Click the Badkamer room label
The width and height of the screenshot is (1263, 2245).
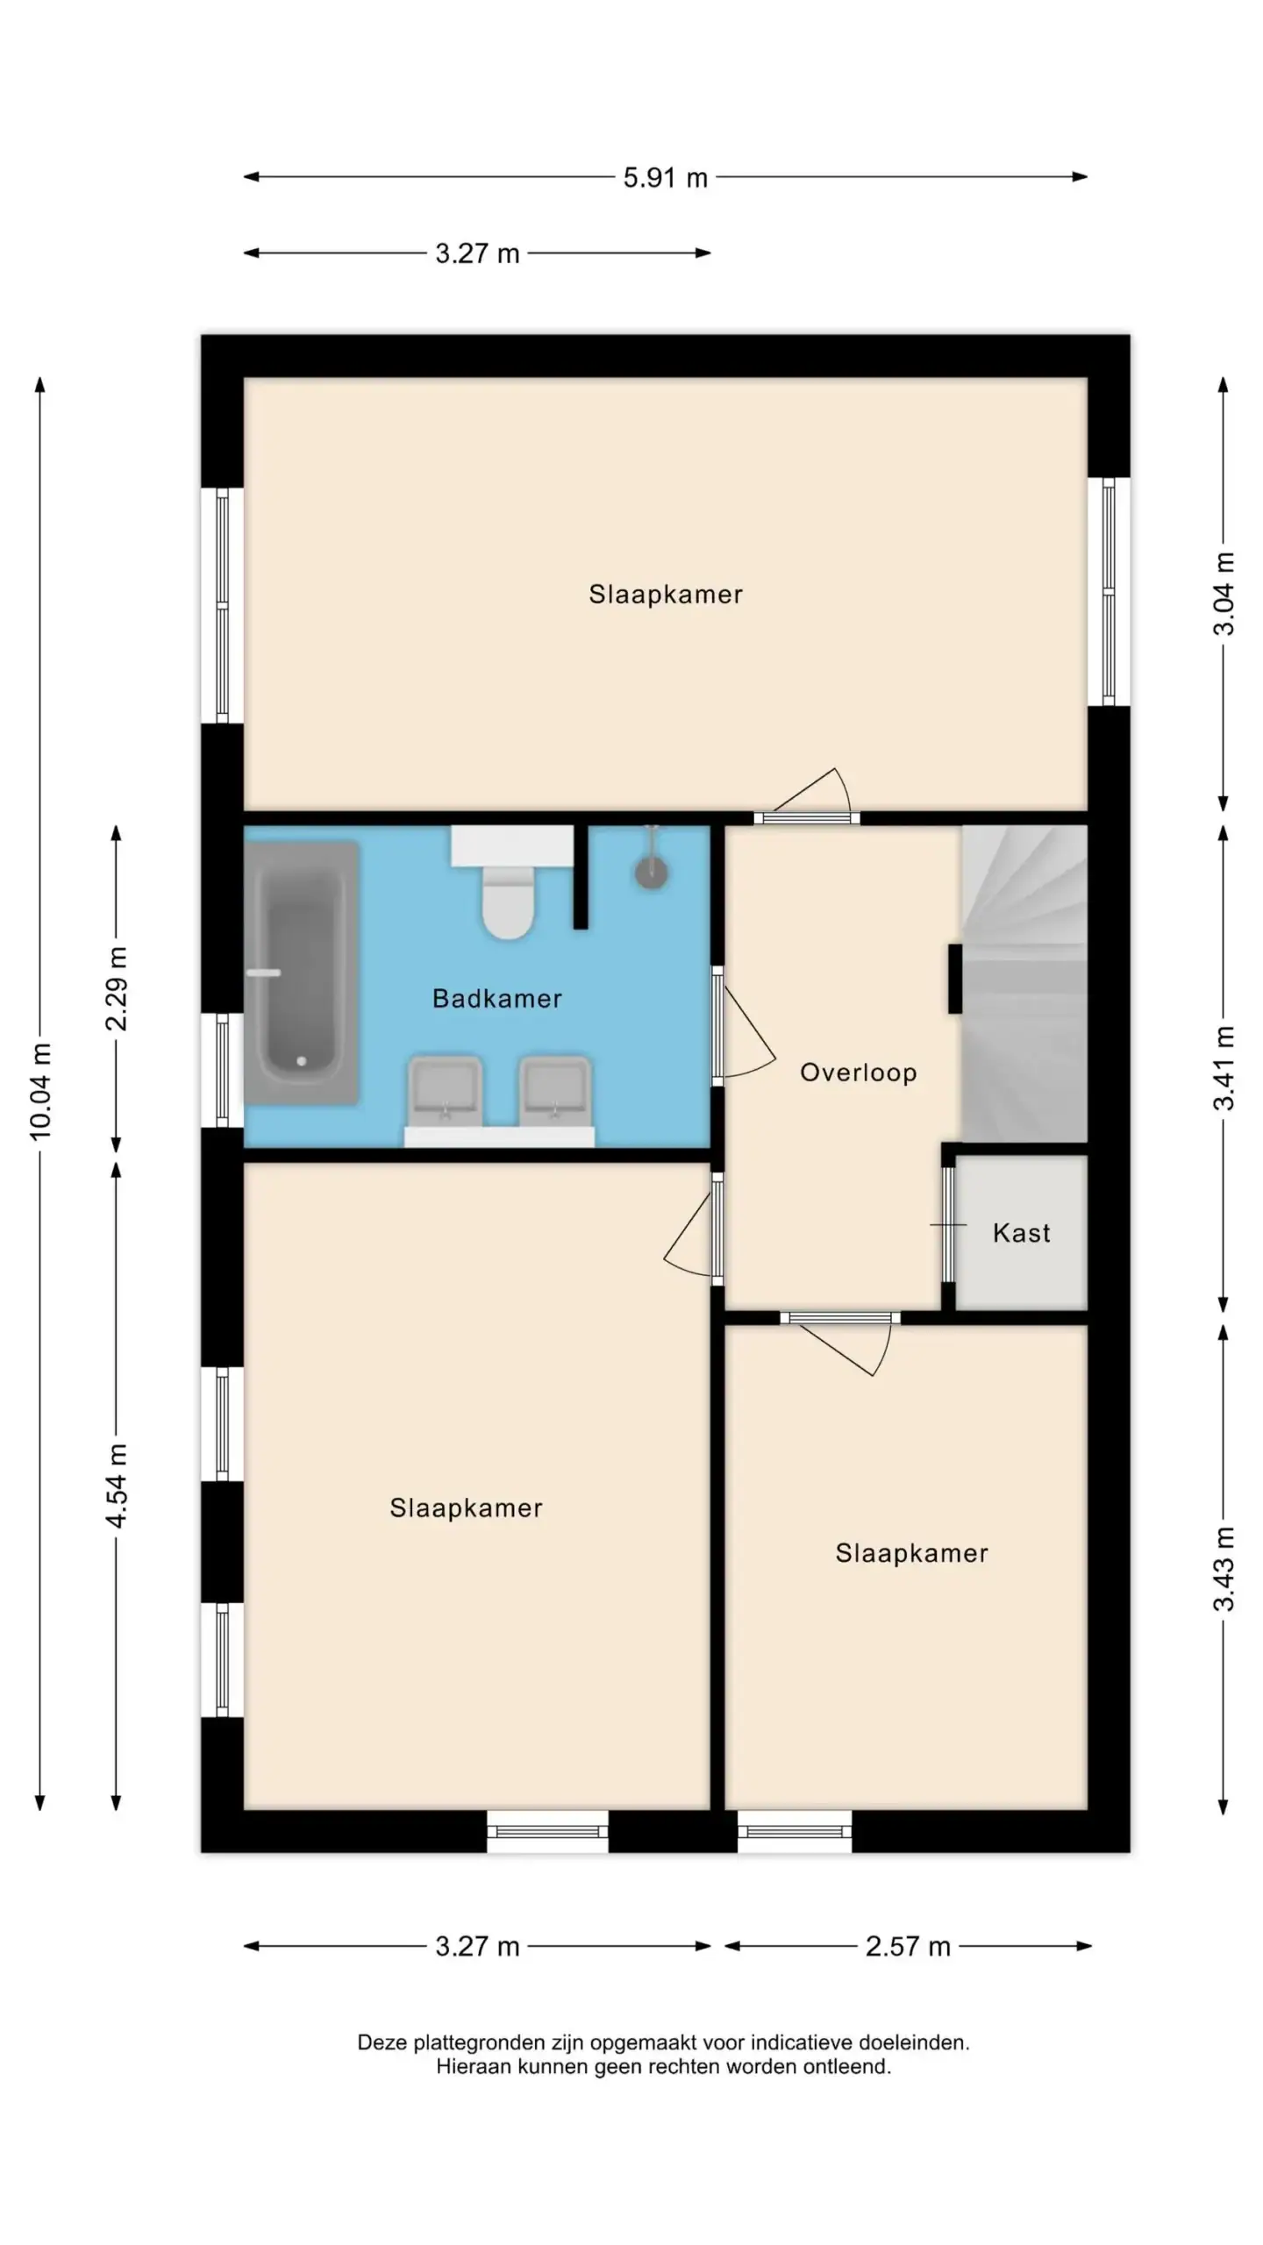click(x=496, y=998)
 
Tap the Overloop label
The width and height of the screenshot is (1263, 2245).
click(x=858, y=1072)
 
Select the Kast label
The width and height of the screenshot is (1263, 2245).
click(x=1021, y=1233)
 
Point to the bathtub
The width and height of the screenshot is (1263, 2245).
click(x=302, y=973)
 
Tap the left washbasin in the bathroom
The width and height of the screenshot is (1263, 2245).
click(x=445, y=1093)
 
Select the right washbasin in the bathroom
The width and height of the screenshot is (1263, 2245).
click(x=554, y=1093)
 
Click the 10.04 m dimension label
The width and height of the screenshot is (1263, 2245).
click(x=40, y=1092)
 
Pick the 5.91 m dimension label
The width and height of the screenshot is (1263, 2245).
click(x=665, y=178)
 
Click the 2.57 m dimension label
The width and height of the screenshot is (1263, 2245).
click(x=908, y=1947)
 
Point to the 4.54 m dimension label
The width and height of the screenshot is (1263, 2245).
click(x=117, y=1486)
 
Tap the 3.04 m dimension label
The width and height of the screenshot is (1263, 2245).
click(x=1224, y=594)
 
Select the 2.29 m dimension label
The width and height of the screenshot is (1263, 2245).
click(x=117, y=988)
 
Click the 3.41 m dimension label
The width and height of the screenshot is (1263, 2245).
click(x=1224, y=1067)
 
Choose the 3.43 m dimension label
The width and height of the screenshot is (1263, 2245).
click(x=1224, y=1569)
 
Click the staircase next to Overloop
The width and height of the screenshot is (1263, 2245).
click(x=1024, y=984)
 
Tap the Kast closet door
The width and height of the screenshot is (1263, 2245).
click(x=948, y=1224)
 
